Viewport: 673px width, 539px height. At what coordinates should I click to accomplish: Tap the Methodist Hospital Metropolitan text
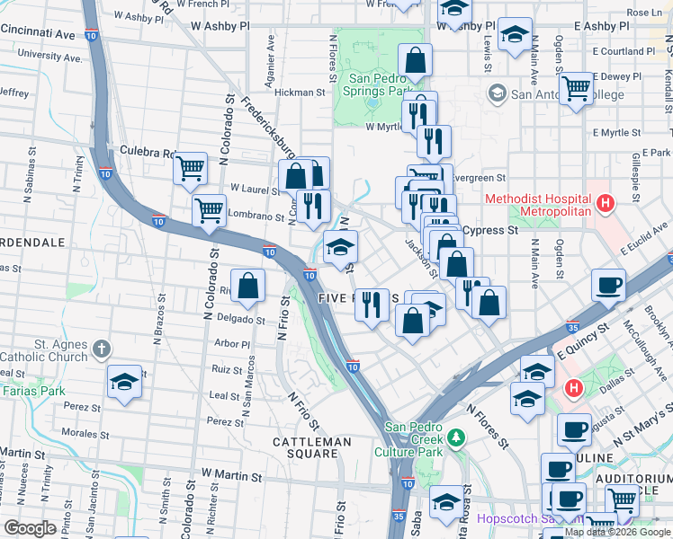click(538, 204)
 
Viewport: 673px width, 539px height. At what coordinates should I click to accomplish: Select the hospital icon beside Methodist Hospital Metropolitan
click(606, 204)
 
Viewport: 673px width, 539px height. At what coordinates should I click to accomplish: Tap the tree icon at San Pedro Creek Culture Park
click(457, 437)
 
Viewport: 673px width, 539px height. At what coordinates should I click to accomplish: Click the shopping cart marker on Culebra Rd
click(191, 168)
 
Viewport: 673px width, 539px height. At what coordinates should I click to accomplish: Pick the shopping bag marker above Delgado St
click(250, 287)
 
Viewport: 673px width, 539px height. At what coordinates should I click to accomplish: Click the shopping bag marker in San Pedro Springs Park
click(416, 61)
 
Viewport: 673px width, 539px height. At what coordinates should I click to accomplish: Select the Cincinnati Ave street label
click(39, 32)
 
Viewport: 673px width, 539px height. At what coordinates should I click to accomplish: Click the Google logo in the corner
click(30, 528)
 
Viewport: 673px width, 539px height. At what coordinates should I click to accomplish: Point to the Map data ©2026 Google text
click(616, 531)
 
